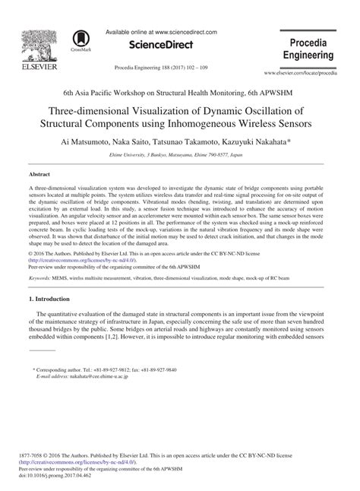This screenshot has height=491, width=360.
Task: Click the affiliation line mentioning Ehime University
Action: (x=180, y=154)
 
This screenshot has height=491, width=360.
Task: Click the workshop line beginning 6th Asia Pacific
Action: (x=180, y=90)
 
